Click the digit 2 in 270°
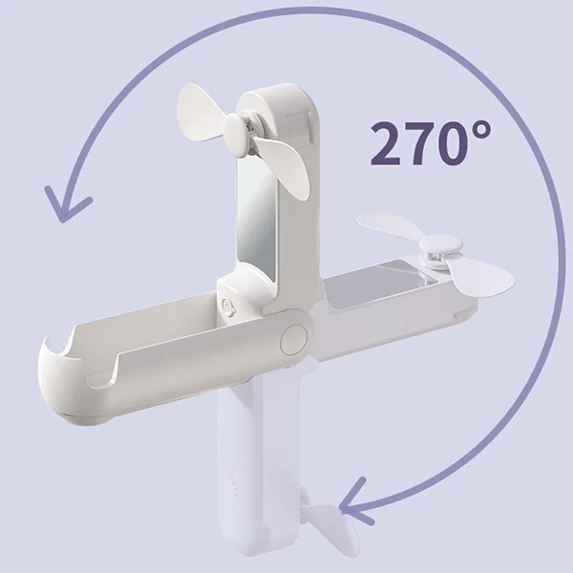[385, 143]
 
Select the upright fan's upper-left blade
[200, 110]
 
